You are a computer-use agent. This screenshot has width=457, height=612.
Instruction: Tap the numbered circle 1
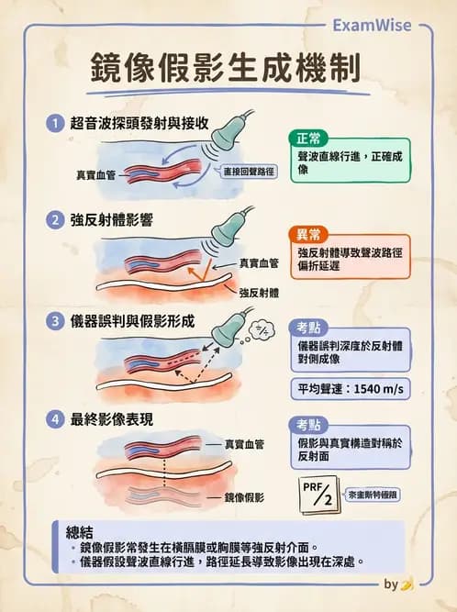(55, 123)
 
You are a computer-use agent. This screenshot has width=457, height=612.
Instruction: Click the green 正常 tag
(308, 139)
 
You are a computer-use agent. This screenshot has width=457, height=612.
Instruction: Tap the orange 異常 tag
(308, 235)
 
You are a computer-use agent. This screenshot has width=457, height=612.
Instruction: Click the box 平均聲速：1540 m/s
(346, 389)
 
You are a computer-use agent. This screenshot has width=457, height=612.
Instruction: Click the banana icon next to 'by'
(407, 584)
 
